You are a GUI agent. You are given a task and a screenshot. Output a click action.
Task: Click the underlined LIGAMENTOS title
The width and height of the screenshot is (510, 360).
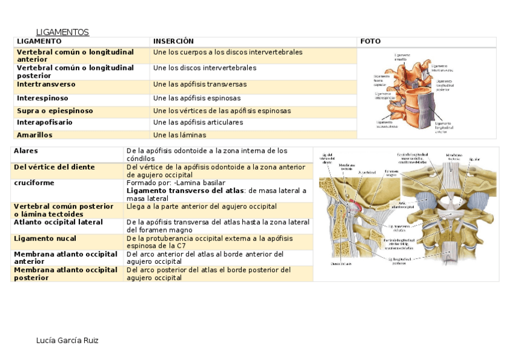(63, 32)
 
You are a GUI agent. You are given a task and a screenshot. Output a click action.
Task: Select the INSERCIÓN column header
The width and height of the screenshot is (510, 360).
(173, 41)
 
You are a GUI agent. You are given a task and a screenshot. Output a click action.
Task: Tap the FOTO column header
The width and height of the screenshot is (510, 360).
(370, 41)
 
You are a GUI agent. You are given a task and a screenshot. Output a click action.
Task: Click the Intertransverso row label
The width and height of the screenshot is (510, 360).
(47, 85)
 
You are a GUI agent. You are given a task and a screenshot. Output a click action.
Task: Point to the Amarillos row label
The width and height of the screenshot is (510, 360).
(35, 135)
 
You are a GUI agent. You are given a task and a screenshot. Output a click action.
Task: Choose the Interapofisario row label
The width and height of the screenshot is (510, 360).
(45, 123)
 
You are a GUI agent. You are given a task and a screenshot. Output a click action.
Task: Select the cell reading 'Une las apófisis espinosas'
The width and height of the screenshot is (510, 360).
(197, 98)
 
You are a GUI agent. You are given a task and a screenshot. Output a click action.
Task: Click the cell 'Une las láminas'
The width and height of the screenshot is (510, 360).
(179, 135)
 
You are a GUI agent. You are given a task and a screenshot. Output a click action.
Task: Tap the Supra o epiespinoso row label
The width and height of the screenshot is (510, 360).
(55, 111)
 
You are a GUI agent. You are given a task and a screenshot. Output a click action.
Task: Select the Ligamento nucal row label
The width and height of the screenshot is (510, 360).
(45, 239)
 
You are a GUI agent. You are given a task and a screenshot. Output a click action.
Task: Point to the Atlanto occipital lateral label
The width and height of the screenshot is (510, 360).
(58, 222)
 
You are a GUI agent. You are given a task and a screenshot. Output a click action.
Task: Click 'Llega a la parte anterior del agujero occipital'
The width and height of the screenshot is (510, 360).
(201, 206)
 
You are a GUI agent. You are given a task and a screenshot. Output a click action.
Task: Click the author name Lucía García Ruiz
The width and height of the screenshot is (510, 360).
(67, 341)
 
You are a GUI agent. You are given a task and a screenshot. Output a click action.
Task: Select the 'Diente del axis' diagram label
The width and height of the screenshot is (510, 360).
(340, 263)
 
